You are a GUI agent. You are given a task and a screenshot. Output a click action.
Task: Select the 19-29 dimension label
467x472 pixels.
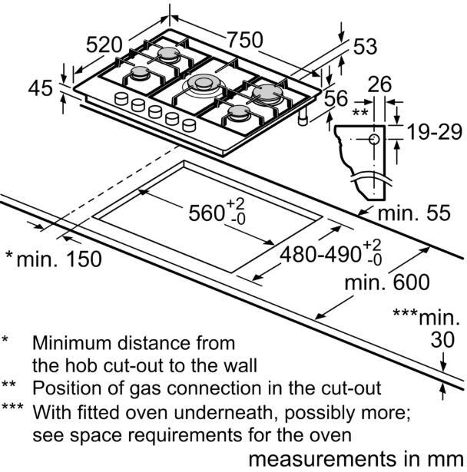click(434, 132)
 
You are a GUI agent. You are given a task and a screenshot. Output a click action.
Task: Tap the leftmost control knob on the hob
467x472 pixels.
click(121, 98)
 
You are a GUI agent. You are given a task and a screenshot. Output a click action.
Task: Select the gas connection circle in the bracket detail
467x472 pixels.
click(373, 139)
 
